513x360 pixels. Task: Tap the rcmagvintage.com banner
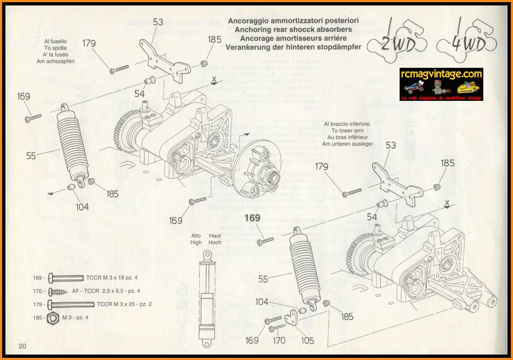441,84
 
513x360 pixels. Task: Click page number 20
22,346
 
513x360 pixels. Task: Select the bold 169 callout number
252,218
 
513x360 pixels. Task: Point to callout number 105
308,341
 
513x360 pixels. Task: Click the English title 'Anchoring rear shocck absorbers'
293,30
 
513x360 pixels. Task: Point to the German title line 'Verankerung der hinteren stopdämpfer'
293,47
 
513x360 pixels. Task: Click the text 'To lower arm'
348,131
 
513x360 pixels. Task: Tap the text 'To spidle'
56,48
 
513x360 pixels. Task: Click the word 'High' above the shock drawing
196,242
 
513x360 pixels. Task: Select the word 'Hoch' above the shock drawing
215,242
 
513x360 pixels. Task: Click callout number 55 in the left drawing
31,156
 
